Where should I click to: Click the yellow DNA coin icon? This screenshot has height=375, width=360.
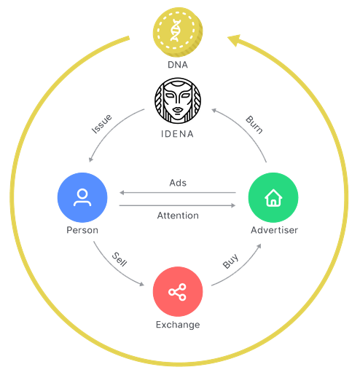(x=178, y=32)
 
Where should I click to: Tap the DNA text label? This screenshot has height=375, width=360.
(x=178, y=65)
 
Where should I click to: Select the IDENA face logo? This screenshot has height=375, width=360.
(x=178, y=100)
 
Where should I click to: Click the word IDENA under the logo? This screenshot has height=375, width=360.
(x=178, y=134)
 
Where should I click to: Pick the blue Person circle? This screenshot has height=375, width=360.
(x=82, y=197)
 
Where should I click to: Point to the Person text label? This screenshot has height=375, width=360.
(x=82, y=230)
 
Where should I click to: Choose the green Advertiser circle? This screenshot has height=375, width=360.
(x=273, y=197)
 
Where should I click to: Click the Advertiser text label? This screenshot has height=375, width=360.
(x=275, y=230)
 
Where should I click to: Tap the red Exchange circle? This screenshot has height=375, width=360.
(x=178, y=291)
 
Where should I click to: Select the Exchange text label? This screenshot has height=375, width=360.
(x=178, y=325)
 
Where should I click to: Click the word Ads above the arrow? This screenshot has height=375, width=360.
(x=178, y=183)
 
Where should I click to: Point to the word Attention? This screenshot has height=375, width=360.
(x=178, y=216)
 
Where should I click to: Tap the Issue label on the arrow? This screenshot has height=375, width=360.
(x=102, y=124)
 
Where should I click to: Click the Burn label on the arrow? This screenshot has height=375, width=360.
(x=254, y=125)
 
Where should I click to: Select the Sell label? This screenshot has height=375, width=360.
(x=120, y=259)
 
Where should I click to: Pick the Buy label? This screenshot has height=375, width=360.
(x=231, y=261)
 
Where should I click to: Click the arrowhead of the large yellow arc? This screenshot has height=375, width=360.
(x=234, y=40)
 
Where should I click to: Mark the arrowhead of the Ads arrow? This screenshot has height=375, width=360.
(x=122, y=193)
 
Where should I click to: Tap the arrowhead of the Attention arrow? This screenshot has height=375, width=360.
(x=233, y=205)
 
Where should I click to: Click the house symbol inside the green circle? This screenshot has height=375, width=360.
(x=273, y=198)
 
